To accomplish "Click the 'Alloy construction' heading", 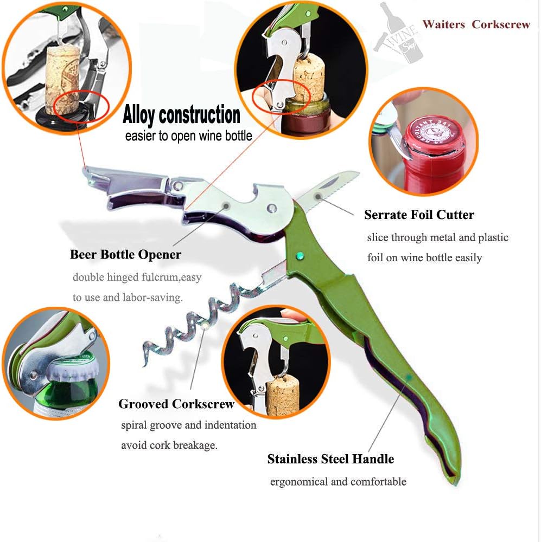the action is (x=181, y=114).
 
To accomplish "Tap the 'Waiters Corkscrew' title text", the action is (x=476, y=24).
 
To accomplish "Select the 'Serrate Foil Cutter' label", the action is (x=419, y=215).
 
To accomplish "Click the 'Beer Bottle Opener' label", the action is (x=125, y=255).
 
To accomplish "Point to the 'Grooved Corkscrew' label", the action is (x=176, y=404).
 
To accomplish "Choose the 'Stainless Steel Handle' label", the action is (x=330, y=459).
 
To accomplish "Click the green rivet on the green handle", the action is (x=300, y=256).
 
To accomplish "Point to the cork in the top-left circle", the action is (x=62, y=80).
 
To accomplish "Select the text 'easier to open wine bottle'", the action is (x=188, y=136).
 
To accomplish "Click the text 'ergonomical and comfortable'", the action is (x=338, y=482).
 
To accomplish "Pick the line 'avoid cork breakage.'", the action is (x=169, y=445).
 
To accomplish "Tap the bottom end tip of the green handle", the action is (x=455, y=484).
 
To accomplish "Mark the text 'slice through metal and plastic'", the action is (x=437, y=238).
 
